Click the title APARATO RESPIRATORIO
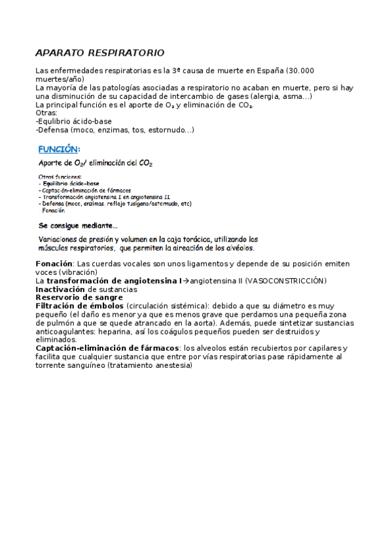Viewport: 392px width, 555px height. (99, 52)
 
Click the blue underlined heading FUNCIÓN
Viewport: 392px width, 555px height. (58, 149)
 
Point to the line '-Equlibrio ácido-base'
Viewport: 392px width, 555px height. (73, 121)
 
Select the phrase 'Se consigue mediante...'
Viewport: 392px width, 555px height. (79, 226)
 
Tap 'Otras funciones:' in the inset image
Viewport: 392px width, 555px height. (60, 177)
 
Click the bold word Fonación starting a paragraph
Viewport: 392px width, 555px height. (54, 264)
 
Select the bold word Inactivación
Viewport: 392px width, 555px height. (60, 289)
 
